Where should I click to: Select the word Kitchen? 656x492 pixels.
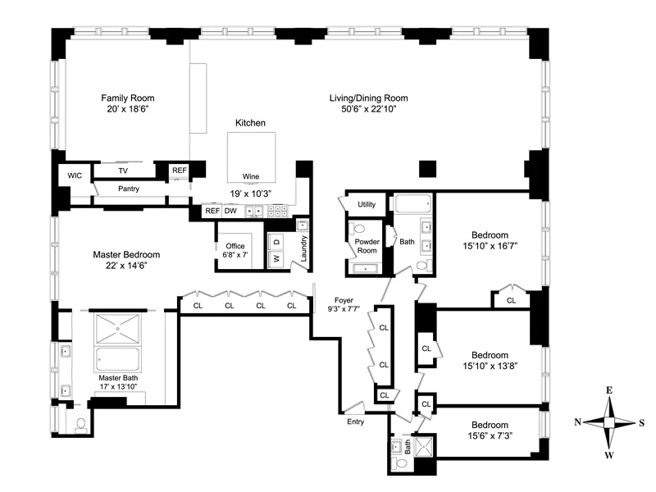[250, 122]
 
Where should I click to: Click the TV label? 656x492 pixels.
[123, 171]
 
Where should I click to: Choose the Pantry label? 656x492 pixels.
[128, 189]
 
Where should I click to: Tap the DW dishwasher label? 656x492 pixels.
[231, 211]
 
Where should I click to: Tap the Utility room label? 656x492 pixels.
[367, 204]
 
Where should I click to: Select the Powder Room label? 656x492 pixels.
[366, 245]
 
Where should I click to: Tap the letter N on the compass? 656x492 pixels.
[577, 422]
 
